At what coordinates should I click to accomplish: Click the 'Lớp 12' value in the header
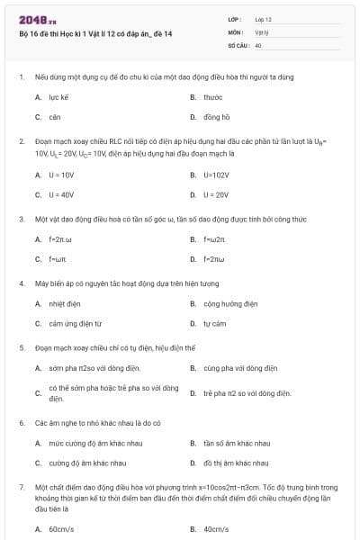(x=264, y=19)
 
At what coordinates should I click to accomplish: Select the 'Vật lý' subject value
(x=262, y=31)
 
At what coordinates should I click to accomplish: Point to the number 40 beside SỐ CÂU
(x=258, y=44)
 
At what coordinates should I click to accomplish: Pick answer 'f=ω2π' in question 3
(x=213, y=238)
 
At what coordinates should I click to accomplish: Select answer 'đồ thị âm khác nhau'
(x=237, y=463)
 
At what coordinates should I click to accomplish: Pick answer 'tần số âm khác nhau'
(x=237, y=443)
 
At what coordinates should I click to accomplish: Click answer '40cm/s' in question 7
(x=216, y=529)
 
